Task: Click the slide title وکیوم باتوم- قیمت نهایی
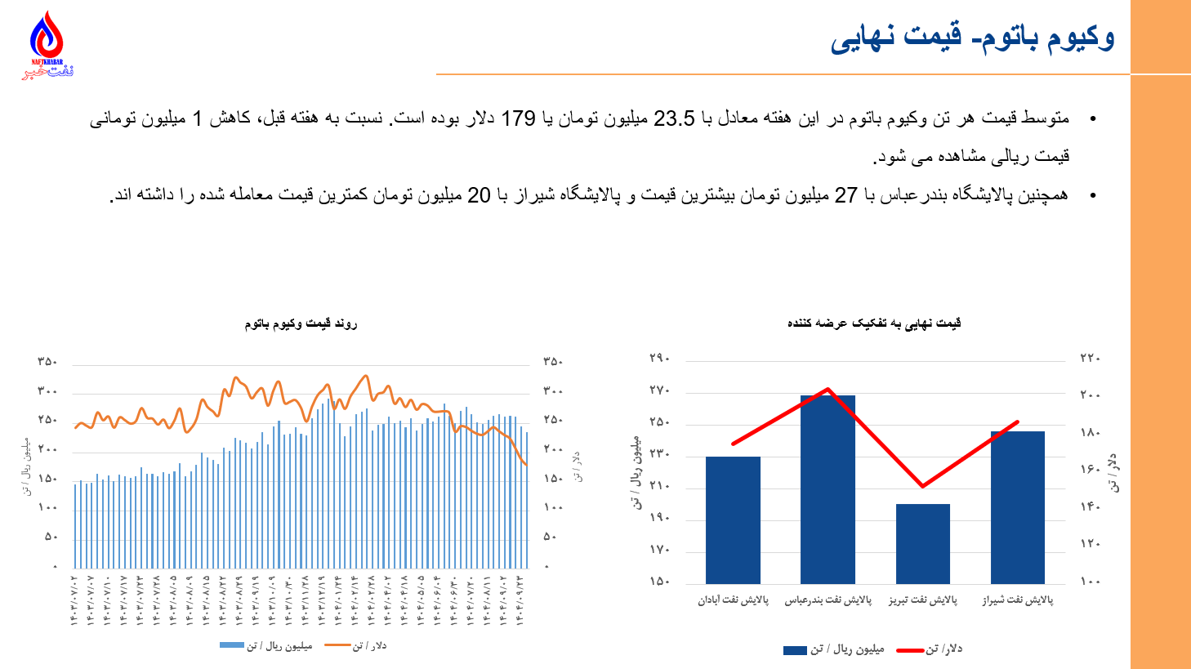972,38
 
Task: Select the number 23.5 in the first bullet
674,119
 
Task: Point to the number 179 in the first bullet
518,119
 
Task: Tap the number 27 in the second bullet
845,195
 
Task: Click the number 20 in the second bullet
479,195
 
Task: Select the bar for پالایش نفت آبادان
733,520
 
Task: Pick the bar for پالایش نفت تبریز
922,543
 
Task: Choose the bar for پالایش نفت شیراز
1017,506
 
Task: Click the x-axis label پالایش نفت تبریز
923,600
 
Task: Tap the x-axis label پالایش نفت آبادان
733,600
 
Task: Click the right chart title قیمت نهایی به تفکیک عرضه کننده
874,323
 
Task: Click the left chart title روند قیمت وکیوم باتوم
301,324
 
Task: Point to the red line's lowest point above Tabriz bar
922,487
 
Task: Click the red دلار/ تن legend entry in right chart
930,649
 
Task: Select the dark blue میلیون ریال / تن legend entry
834,649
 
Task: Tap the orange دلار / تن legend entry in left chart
356,646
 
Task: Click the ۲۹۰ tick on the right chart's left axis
659,359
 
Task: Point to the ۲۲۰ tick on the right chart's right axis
1090,359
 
